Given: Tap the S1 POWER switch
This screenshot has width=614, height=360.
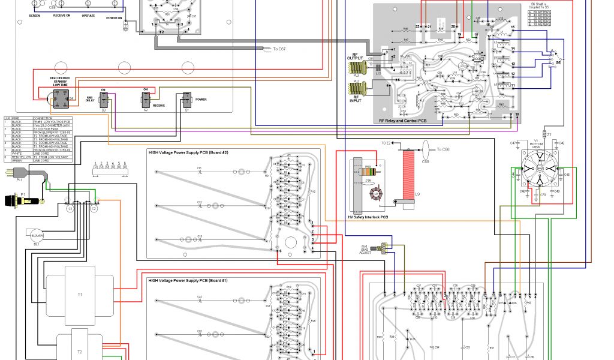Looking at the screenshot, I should tap(187, 100).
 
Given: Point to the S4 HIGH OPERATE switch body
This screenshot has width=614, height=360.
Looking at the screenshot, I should tap(60, 99).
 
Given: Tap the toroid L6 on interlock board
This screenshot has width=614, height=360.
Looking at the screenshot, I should tap(376, 194).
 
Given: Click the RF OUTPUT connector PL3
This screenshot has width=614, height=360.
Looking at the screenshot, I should tap(359, 65).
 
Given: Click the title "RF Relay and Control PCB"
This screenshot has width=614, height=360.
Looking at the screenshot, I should tap(404, 121).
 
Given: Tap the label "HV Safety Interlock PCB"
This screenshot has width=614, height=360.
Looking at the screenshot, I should tap(368, 217).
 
